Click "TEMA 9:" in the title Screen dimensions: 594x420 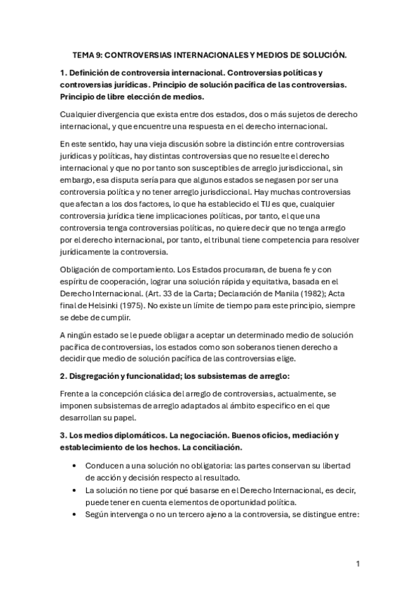point(89,54)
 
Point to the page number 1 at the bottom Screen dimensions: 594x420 point(358,563)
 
